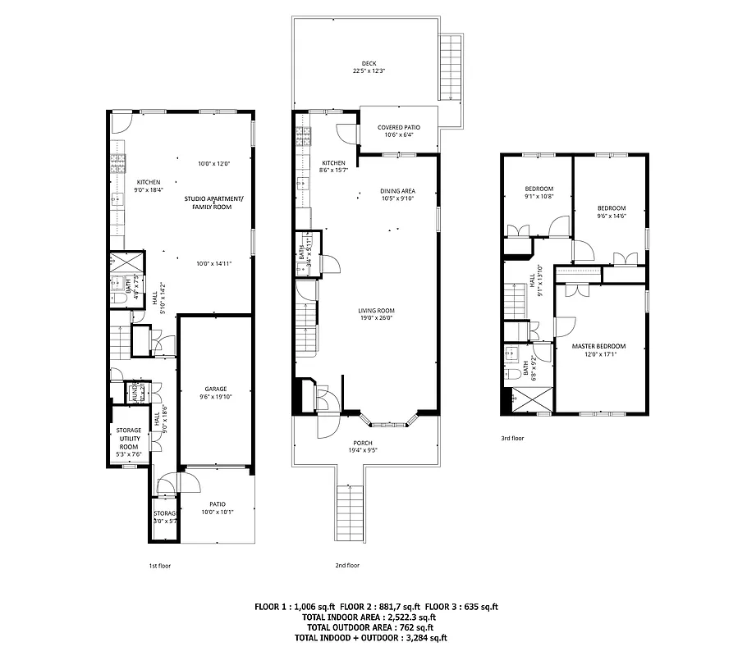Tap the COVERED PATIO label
[398, 127]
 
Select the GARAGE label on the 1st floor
[215, 389]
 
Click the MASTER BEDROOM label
[598, 346]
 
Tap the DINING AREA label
[397, 191]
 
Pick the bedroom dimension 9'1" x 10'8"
[539, 197]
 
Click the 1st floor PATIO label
[217, 504]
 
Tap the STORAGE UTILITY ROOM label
[129, 439]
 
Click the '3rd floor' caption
[512, 439]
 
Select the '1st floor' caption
[160, 566]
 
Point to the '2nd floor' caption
[347, 566]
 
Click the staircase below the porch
[349, 512]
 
